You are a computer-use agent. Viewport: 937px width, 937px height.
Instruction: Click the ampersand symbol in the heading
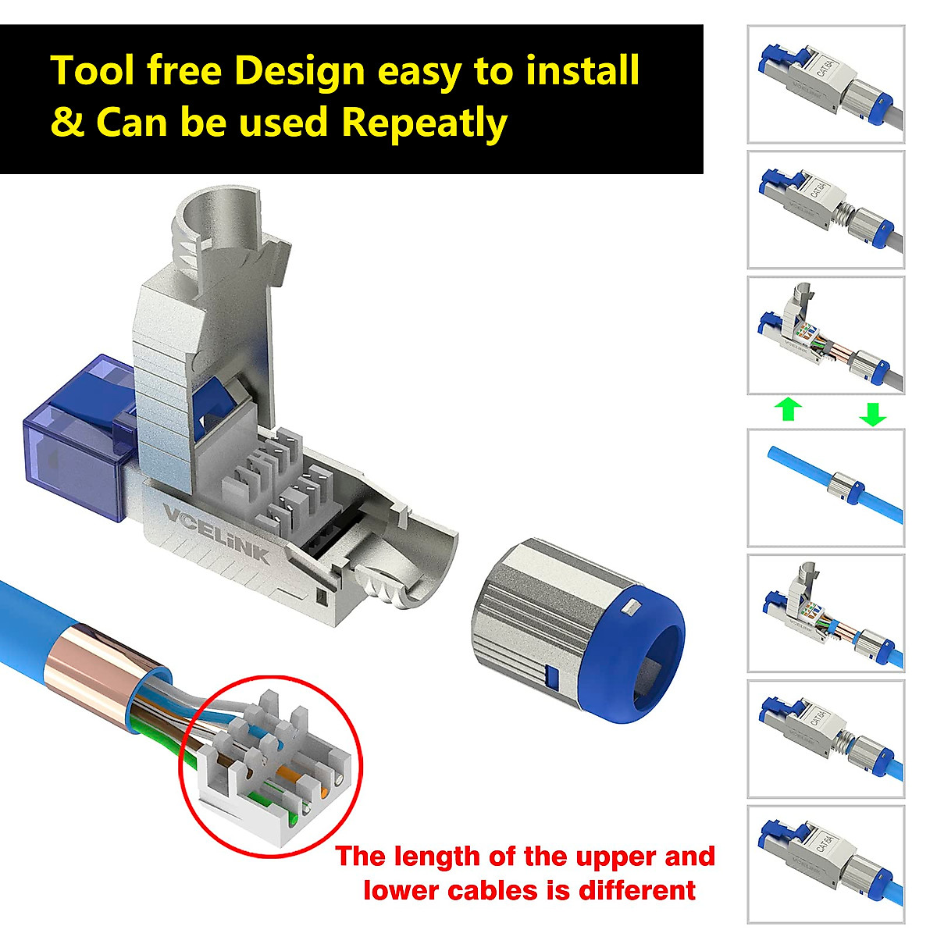67,123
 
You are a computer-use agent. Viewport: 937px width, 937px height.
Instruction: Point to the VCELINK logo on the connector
216,534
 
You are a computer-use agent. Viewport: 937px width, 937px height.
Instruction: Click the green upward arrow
789,409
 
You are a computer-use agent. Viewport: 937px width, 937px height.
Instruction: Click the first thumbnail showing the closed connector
825,84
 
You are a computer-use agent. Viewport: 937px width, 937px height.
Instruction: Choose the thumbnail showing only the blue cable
825,488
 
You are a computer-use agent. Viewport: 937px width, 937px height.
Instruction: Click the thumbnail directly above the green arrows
825,335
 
